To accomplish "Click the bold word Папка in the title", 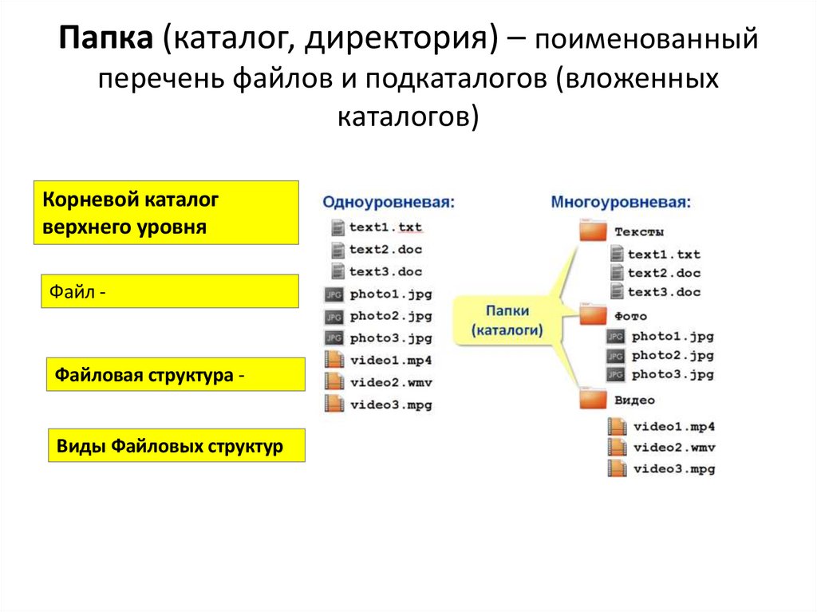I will pyautogui.click(x=108, y=40).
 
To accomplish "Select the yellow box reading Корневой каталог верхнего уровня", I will pyautogui.click(x=167, y=212).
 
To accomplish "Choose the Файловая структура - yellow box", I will pyautogui.click(x=176, y=374).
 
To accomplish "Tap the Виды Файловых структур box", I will pyautogui.click(x=176, y=445).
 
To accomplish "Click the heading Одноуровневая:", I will pyautogui.click(x=389, y=202).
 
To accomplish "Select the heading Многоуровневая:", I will pyautogui.click(x=619, y=202).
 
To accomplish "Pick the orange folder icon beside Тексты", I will pyautogui.click(x=593, y=231).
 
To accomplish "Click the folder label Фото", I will pyautogui.click(x=630, y=316).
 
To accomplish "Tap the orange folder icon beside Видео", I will pyautogui.click(x=593, y=399).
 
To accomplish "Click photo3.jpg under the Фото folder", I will pyautogui.click(x=673, y=374).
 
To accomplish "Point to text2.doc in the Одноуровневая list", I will pyautogui.click(x=385, y=249).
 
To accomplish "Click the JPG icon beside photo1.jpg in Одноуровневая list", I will pyautogui.click(x=334, y=294).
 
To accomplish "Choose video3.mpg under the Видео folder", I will pyautogui.click(x=674, y=468).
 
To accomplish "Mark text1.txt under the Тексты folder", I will pyautogui.click(x=664, y=255).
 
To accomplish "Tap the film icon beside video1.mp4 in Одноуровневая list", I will pyautogui.click(x=335, y=360).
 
